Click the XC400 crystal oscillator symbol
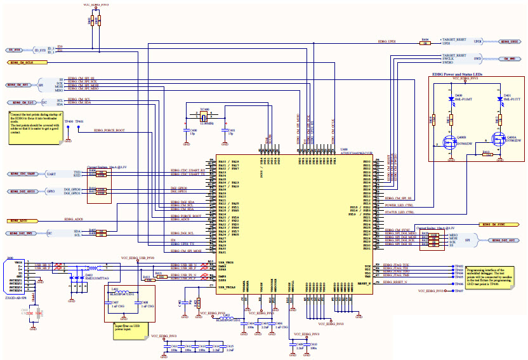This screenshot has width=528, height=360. tap(204, 117)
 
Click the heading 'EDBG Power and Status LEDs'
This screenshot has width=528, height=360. tap(457, 74)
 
